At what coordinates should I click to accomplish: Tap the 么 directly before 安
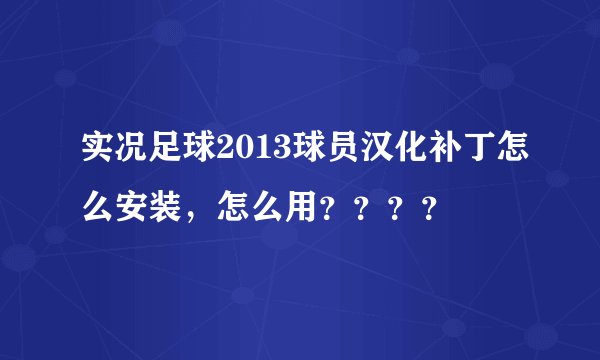coord(99,207)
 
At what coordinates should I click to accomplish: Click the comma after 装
coord(191,215)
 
